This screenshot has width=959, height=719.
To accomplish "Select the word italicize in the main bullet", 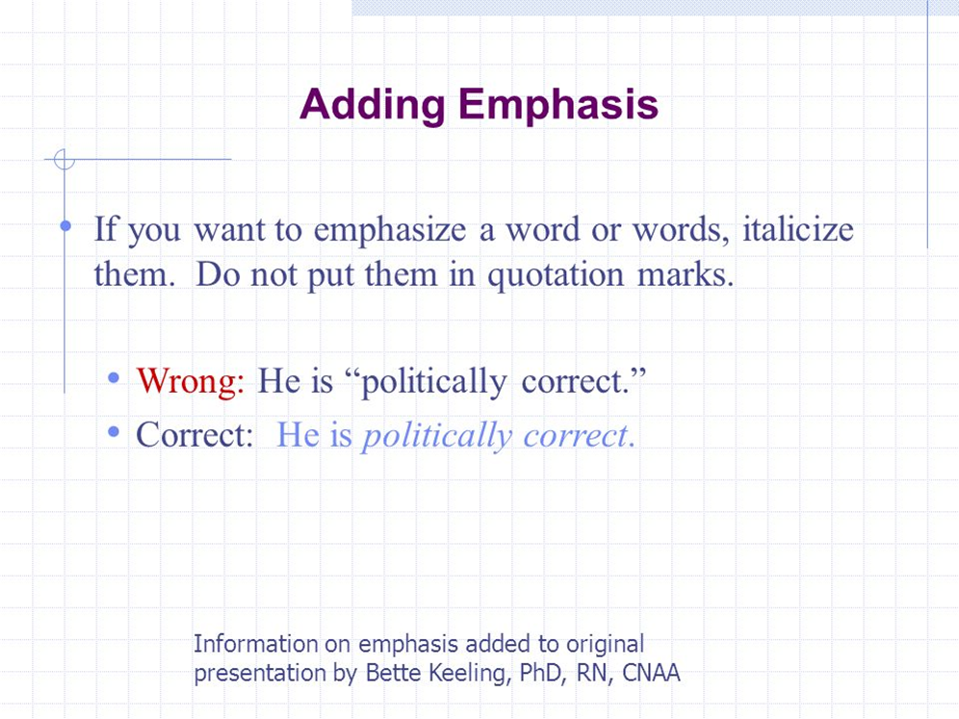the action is [798, 229].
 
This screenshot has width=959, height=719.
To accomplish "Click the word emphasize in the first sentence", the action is [390, 232].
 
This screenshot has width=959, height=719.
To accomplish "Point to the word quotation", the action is [556, 276].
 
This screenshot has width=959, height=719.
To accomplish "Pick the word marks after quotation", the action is [686, 274].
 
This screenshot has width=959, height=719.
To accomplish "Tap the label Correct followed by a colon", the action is [194, 435].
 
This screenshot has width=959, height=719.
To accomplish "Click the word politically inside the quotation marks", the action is [433, 383].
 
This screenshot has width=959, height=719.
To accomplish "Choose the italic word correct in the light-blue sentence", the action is [576, 436].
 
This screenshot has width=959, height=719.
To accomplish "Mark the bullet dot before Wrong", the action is [114, 378].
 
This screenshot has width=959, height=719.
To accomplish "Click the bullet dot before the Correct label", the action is [114, 431].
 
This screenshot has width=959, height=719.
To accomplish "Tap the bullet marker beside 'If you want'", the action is [65, 226].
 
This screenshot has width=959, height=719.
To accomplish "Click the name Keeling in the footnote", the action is [467, 674].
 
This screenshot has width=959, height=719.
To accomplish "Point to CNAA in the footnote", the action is [651, 672].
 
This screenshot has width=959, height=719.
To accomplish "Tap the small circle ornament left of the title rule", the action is [65, 160].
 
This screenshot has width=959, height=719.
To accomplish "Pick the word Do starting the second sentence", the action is [217, 274].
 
